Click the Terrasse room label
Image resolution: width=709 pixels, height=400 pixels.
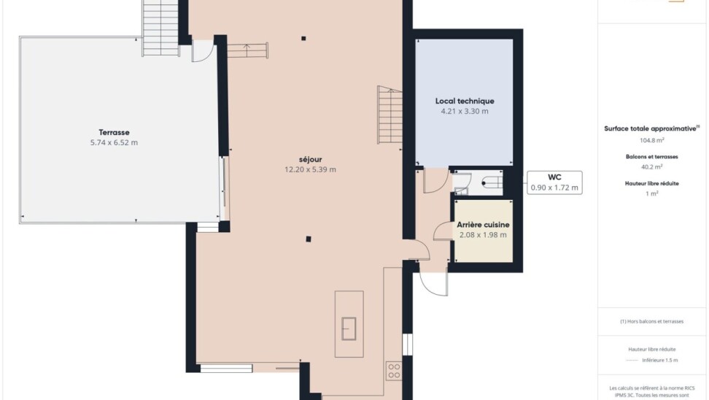click(114, 133)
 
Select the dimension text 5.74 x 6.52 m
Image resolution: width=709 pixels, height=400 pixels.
click(114, 142)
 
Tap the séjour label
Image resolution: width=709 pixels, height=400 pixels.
click(310, 160)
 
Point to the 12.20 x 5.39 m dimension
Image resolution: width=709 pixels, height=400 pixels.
click(310, 169)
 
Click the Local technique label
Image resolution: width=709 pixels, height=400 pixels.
click(465, 101)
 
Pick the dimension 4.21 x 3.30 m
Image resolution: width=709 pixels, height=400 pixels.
click(465, 111)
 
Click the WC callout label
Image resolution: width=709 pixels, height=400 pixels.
click(554, 177)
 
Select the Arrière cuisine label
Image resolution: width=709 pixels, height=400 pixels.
click(483, 225)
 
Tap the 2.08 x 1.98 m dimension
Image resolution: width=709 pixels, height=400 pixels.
click(483, 235)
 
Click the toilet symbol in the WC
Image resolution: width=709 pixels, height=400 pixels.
click(492, 182)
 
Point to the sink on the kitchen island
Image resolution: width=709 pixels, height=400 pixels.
click(349, 329)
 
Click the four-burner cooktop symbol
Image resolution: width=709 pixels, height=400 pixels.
click(394, 371)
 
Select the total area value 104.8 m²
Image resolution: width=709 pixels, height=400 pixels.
click(651, 140)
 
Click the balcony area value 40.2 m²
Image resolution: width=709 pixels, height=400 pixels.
click(651, 167)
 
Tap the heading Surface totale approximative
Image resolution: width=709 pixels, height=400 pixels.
click(650, 129)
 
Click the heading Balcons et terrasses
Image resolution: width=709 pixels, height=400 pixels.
click(651, 157)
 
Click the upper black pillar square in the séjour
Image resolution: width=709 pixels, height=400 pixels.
click(303, 39)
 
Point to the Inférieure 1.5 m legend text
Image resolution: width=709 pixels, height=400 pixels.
click(659, 360)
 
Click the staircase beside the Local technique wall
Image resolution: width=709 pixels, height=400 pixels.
click(390, 115)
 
